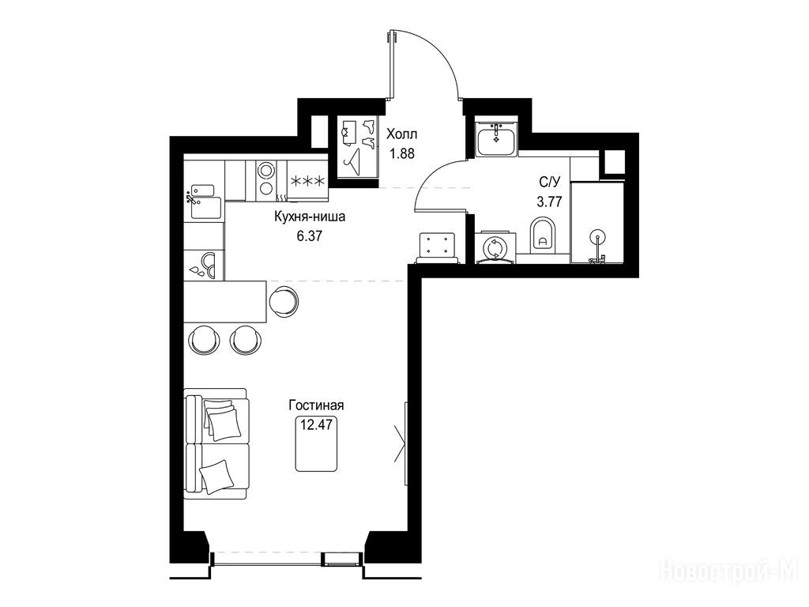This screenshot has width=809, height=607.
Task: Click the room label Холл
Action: coord(402,134)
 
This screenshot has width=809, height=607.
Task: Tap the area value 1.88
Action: coord(402,153)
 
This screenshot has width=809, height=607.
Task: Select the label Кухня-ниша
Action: coord(310,217)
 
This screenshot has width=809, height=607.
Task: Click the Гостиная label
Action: coord(316,405)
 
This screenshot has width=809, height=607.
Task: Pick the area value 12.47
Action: coord(316,424)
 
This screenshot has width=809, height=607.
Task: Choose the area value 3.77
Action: coord(550,202)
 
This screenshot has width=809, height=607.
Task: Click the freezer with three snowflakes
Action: coord(307,181)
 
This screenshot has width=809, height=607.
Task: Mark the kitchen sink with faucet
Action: coord(203,202)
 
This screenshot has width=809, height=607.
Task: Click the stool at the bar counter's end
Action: coord(284,302)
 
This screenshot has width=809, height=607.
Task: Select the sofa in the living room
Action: coord(216,443)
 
